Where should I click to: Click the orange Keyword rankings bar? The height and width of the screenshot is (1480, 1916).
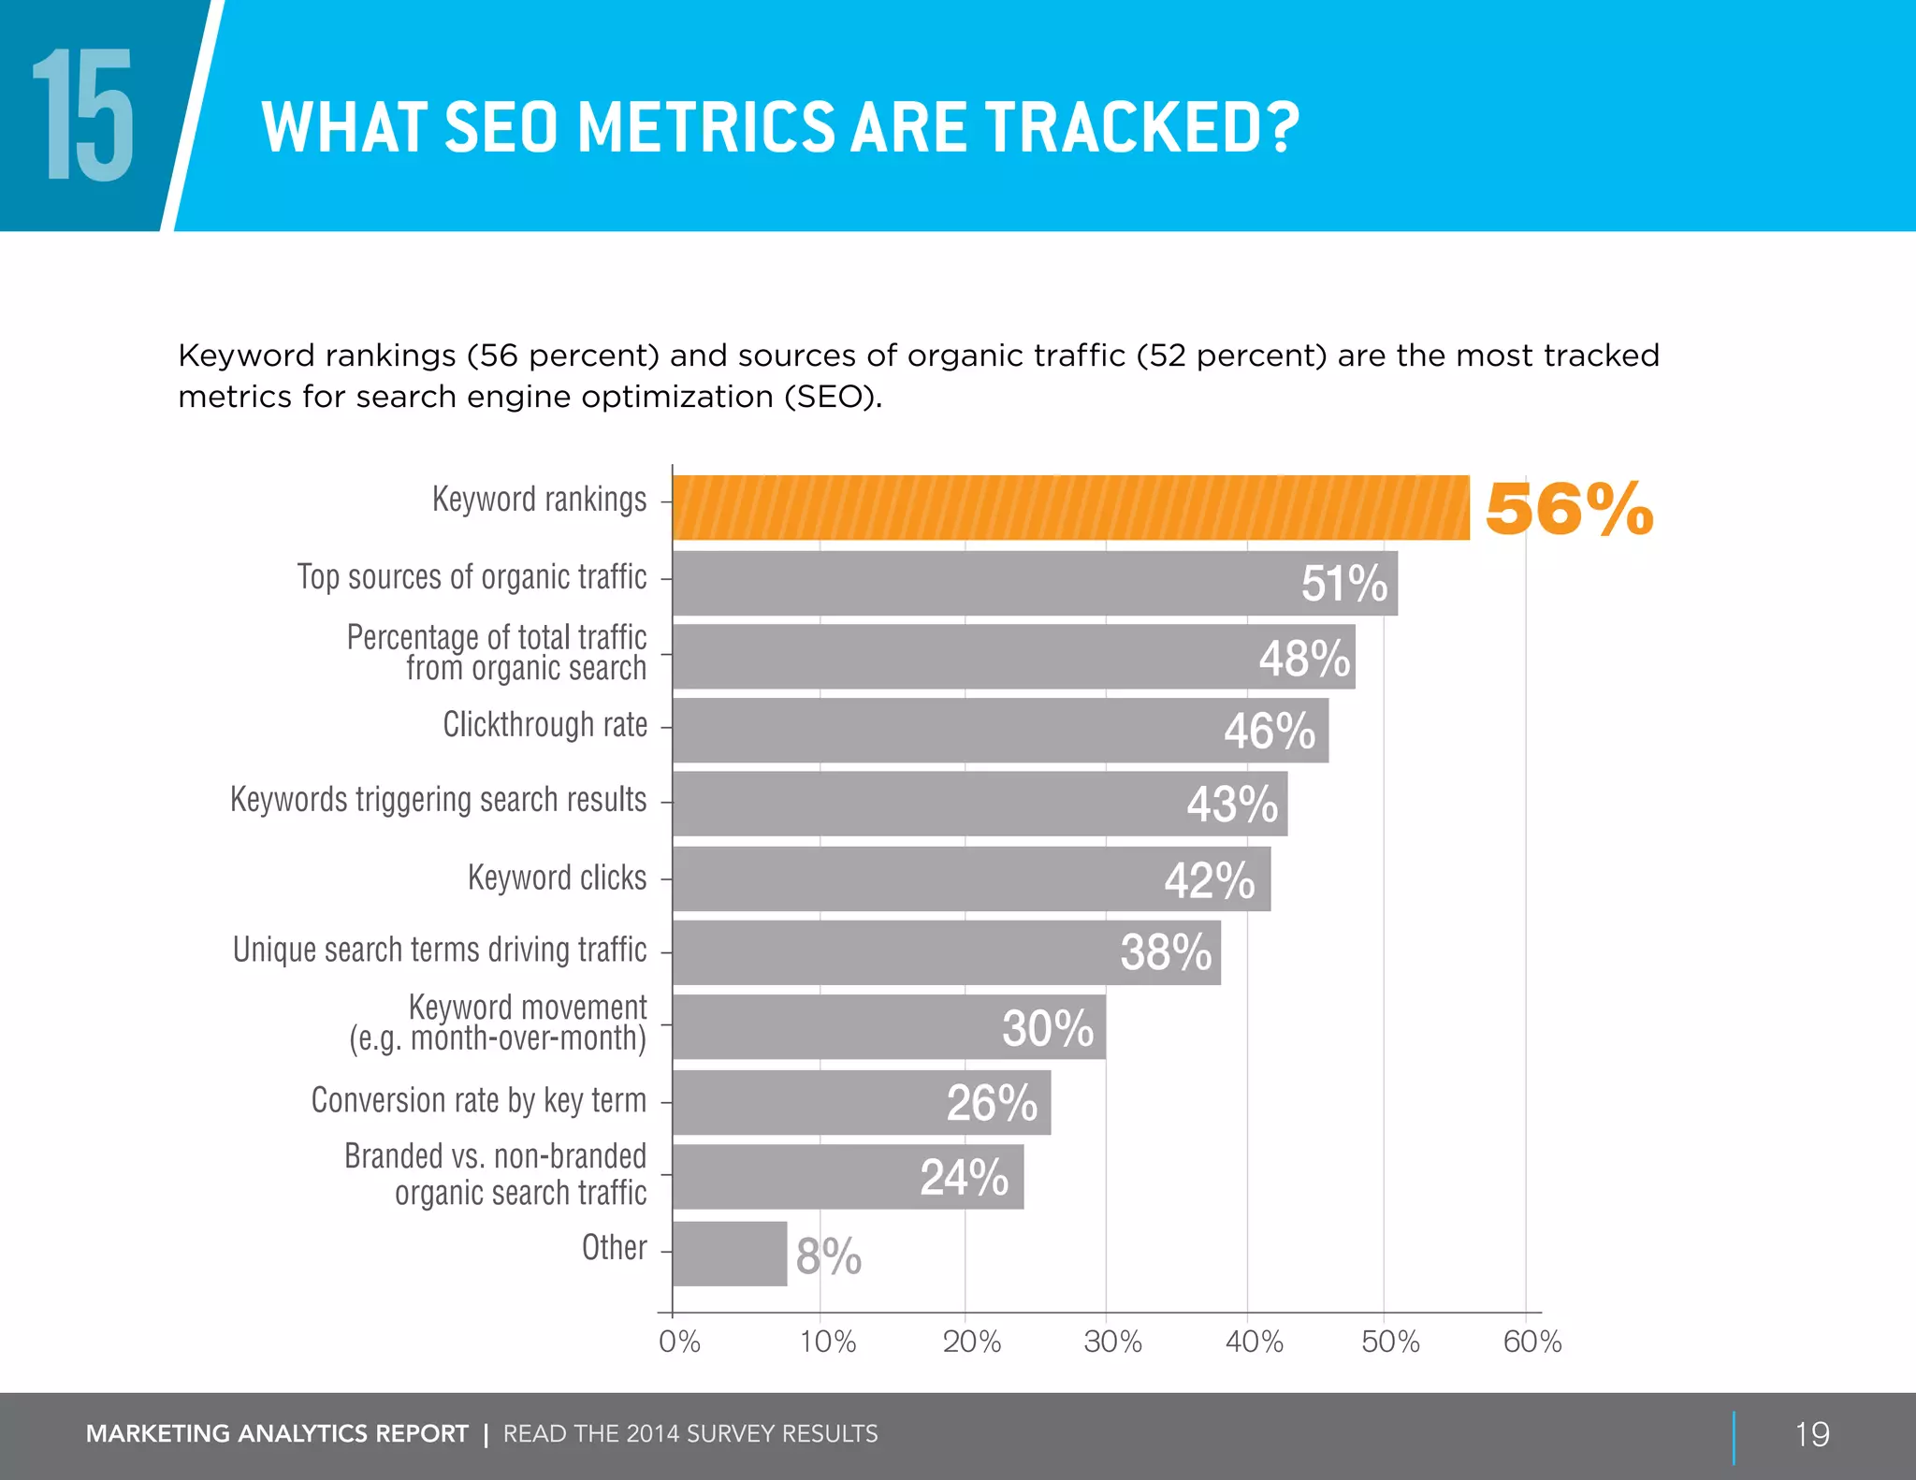tap(1070, 508)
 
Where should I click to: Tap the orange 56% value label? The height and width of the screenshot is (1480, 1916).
tap(1569, 510)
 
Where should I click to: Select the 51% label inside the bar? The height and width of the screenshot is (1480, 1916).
tap(1343, 584)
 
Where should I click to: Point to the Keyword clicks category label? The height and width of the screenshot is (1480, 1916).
tap(557, 878)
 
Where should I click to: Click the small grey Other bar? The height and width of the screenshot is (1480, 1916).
tap(729, 1254)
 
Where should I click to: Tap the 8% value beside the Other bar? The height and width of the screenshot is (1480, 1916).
tap(828, 1255)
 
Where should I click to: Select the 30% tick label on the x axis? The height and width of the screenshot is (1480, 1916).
tap(1111, 1342)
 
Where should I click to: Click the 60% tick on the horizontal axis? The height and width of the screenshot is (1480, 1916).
tap(1531, 1342)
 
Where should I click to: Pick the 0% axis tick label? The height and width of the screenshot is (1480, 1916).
tap(679, 1342)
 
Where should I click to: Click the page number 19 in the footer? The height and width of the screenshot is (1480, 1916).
tap(1811, 1434)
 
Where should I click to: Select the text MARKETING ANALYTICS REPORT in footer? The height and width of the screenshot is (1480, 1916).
tap(277, 1434)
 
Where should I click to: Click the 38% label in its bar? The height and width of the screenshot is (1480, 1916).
tap(1166, 953)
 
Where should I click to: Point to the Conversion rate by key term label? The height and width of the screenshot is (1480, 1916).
tap(478, 1100)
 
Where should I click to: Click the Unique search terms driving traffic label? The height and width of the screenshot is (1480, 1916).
tap(440, 950)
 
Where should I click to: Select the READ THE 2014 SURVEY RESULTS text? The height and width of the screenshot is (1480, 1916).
tap(690, 1434)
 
